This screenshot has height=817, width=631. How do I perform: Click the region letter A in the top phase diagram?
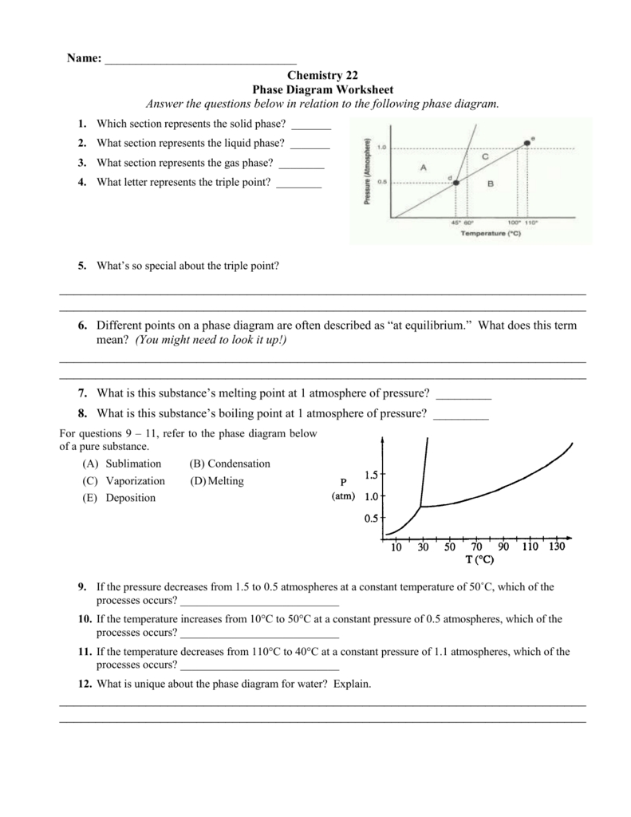click(x=423, y=167)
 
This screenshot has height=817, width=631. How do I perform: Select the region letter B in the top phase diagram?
click(x=491, y=184)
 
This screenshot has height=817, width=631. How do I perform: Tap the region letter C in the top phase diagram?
click(x=485, y=157)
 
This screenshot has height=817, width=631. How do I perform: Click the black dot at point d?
click(x=456, y=183)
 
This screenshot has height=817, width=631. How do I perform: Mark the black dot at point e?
click(x=526, y=144)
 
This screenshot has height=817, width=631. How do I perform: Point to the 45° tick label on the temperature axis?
click(x=456, y=223)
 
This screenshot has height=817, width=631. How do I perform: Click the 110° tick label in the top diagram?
click(x=530, y=223)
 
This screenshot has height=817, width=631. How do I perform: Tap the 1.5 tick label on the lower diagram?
click(x=371, y=476)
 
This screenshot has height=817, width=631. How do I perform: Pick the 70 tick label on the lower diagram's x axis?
click(x=476, y=547)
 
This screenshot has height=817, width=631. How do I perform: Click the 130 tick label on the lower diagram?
click(x=557, y=547)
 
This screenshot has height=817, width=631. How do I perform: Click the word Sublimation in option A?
click(x=133, y=464)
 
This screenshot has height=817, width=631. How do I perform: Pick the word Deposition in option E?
click(x=131, y=498)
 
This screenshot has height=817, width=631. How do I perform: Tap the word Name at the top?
click(x=81, y=59)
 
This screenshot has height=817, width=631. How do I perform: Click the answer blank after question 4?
click(x=298, y=184)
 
